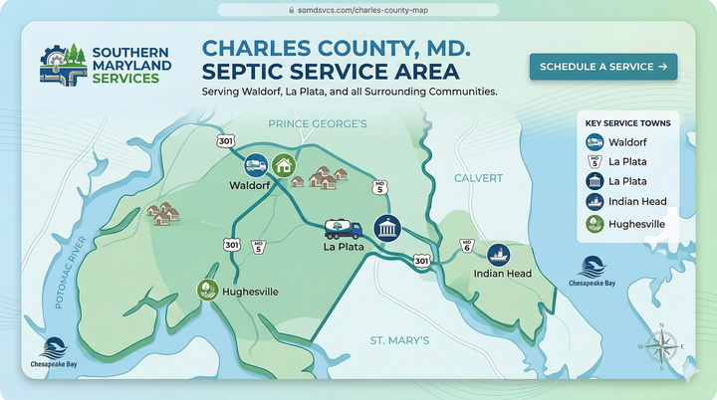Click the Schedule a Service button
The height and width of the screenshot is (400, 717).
pos(603,67)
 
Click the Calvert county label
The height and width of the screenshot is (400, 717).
pos(479,178)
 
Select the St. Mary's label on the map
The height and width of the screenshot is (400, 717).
pos(399,340)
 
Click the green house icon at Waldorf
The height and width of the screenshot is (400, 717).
pos(283,165)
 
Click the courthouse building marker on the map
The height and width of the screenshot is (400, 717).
pos(386,227)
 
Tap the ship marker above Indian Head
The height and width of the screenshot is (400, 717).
pos(498,255)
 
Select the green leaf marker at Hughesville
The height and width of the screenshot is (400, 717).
pos(207,291)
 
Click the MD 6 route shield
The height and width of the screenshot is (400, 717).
pos(466,246)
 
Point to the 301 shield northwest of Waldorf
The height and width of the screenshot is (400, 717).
pos(226,141)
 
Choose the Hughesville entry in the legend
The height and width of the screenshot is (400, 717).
pos(628,224)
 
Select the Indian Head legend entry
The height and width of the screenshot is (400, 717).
pos(628,203)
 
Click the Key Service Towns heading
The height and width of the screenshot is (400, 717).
pos(627,123)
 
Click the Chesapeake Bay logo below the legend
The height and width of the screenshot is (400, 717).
pos(593,271)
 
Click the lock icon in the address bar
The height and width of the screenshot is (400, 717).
pos(291,9)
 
